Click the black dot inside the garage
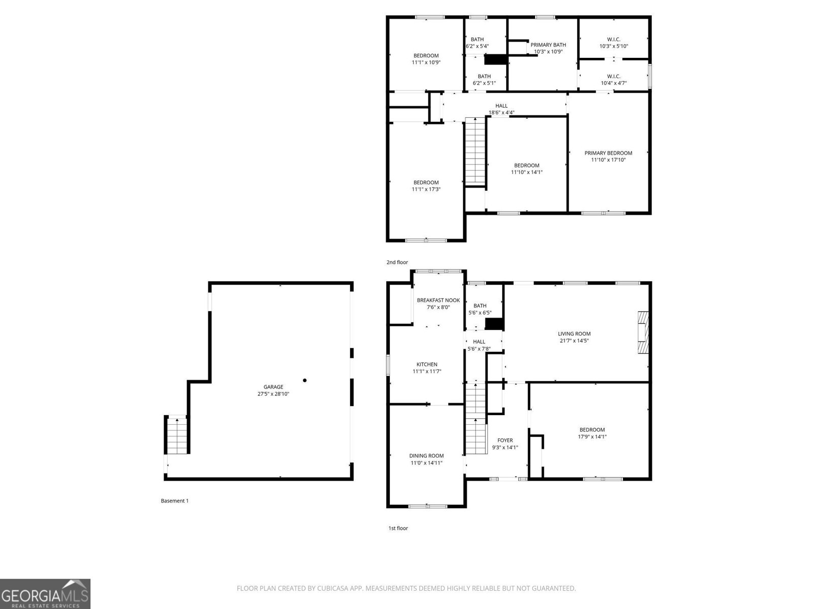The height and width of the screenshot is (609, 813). (305, 380)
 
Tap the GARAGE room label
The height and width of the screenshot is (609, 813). (273, 387)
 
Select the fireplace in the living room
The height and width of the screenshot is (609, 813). (644, 332)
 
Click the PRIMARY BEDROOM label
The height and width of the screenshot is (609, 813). (608, 153)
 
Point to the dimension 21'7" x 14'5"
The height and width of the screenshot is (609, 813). (574, 341)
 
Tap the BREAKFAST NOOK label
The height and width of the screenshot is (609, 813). (438, 300)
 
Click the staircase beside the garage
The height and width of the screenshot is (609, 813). (177, 435)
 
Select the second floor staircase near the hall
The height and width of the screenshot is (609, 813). (476, 150)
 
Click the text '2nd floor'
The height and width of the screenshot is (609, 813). (397, 262)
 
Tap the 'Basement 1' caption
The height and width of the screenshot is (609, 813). (174, 501)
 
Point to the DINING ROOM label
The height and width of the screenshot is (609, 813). (426, 456)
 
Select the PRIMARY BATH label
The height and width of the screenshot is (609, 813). (548, 45)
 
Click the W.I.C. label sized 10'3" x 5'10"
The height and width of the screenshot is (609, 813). (613, 39)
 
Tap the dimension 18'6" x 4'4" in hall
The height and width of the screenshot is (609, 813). (502, 113)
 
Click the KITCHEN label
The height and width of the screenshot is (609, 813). (427, 364)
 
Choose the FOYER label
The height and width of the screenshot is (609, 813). (505, 441)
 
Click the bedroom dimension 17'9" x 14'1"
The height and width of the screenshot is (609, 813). (592, 436)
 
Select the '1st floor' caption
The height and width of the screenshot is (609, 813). (398, 528)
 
